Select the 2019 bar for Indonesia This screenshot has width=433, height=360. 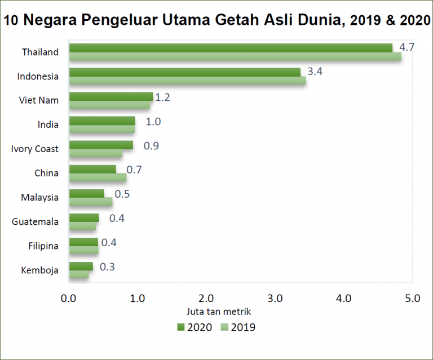tap(187, 80)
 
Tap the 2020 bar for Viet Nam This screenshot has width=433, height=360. tap(111, 96)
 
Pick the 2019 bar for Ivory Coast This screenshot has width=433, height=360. tap(95, 153)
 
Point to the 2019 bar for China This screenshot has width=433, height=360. tap(98, 177)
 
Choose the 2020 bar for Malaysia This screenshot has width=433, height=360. tap(86, 193)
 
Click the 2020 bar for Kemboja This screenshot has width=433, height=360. tap(81, 266)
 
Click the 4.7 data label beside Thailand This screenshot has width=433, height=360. tap(407, 47)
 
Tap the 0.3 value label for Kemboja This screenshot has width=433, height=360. tap(108, 266)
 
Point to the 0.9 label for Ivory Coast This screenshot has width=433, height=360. tap(151, 145)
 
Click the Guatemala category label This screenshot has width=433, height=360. tap(35, 221)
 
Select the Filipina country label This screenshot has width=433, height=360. tap(43, 246)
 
